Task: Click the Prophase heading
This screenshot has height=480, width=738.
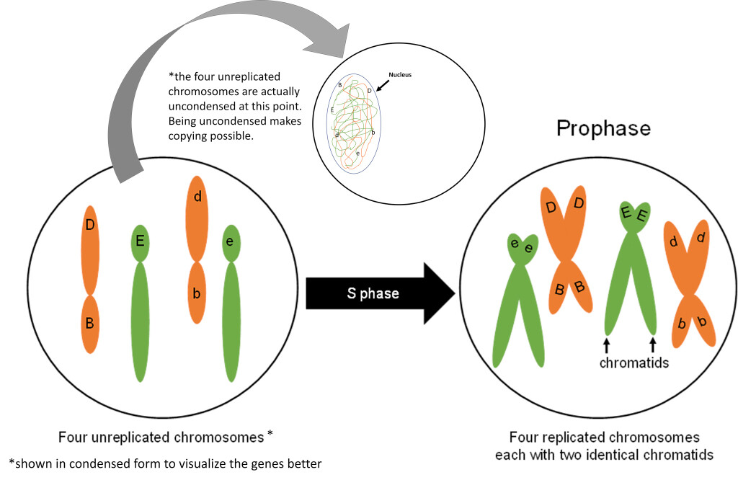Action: [x=603, y=128]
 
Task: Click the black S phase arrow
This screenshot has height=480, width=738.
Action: [x=380, y=293]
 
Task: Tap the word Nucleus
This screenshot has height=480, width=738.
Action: [x=401, y=74]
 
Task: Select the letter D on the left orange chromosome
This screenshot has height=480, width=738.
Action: [x=90, y=226]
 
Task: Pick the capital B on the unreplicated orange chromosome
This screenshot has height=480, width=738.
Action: [x=89, y=323]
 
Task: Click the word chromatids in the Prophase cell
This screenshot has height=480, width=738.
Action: [x=634, y=363]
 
